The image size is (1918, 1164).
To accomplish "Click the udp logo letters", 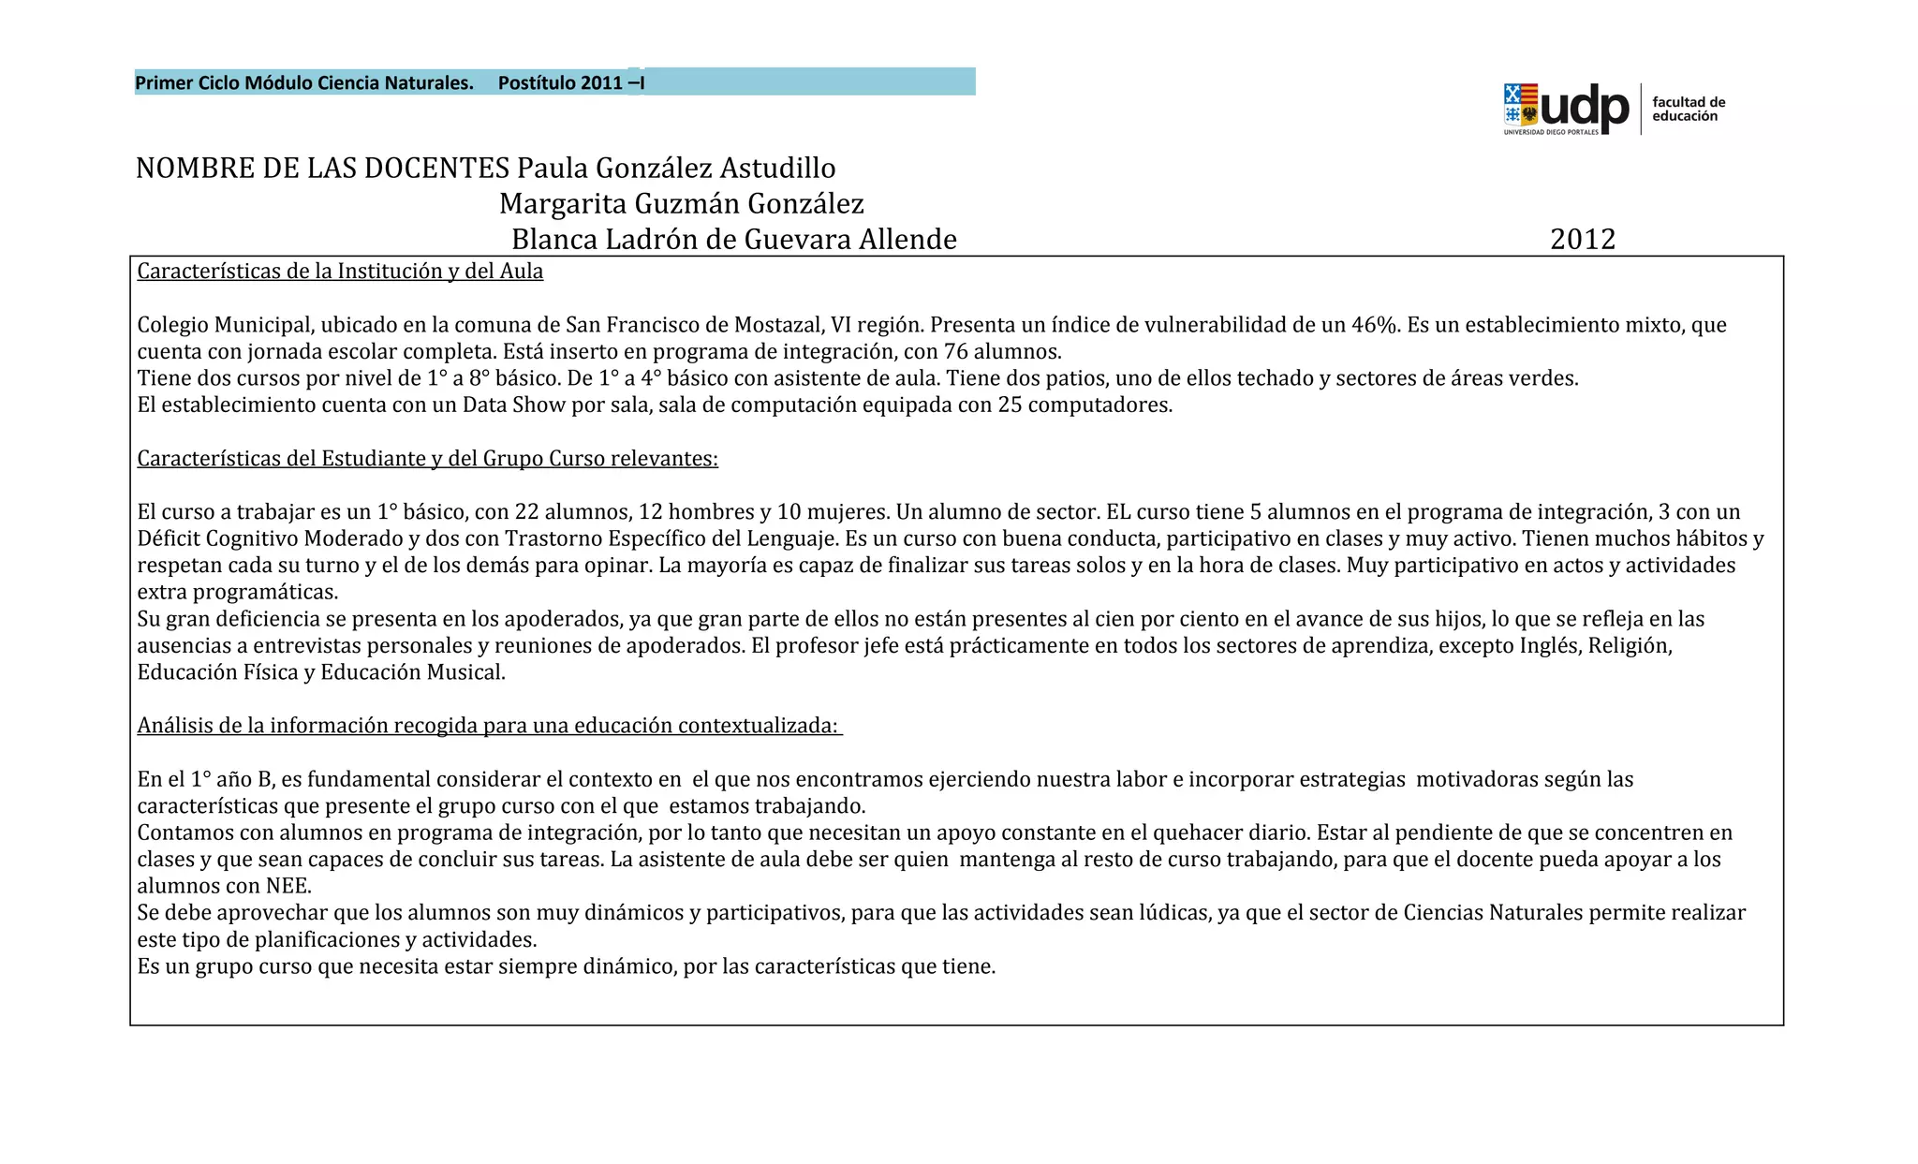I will [1585, 107].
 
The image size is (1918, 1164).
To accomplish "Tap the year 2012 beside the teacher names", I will [1583, 240].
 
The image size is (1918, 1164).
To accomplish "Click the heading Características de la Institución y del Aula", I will [340, 272].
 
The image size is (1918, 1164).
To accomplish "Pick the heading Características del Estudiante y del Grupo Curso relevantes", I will [427, 459].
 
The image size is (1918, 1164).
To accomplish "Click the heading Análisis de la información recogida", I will [488, 726].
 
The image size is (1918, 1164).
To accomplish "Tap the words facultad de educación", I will [1688, 110].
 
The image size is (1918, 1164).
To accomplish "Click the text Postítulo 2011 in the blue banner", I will [560, 83].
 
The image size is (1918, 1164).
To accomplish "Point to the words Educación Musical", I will [412, 672].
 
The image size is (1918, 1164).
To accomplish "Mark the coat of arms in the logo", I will [1521, 106].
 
